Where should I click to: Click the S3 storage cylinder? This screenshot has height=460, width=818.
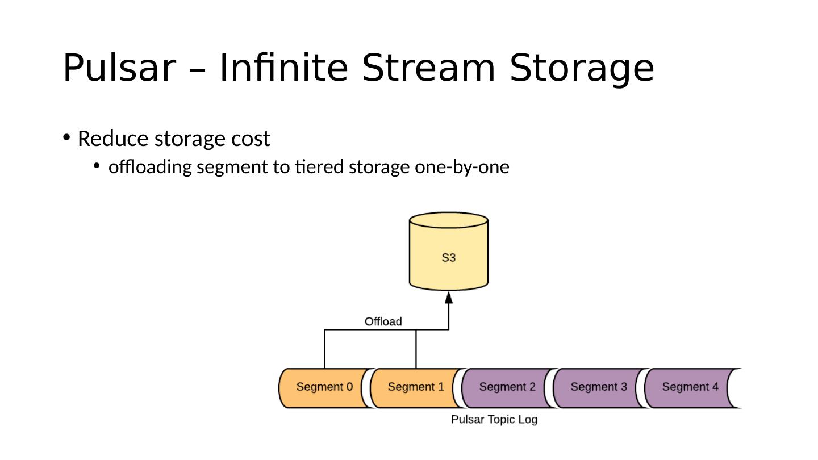448,252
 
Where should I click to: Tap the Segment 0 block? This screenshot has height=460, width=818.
325,388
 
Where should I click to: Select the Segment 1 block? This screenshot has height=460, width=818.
416,388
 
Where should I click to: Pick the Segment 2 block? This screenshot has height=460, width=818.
508,388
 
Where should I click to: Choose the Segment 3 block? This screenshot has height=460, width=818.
599,388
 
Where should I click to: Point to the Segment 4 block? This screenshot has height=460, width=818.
691,388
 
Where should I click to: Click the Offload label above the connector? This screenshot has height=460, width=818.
383,321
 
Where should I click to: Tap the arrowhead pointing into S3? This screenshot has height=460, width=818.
449,298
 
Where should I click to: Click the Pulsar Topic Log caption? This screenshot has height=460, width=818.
494,420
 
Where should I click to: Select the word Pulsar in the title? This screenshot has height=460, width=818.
120,68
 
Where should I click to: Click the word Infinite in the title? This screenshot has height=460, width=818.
284,68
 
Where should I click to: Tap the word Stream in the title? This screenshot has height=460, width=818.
429,68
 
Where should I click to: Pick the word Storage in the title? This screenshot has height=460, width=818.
582,70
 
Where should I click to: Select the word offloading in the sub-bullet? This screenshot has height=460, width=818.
150,167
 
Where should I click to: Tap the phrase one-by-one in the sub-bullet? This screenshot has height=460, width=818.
462,168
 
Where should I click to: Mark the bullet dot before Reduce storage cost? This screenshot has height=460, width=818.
66,137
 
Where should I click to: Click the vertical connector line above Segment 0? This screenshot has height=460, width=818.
325,349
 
